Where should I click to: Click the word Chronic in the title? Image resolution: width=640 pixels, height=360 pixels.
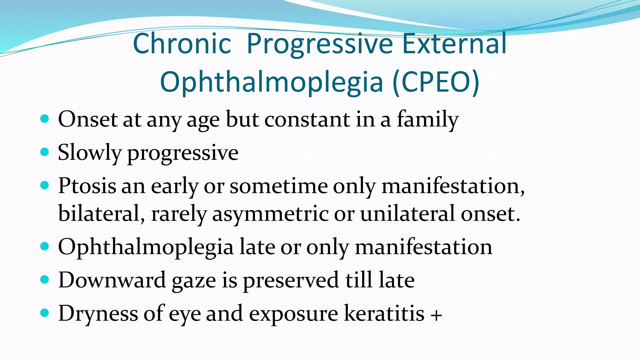click(x=182, y=44)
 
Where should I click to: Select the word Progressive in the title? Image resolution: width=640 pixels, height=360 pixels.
click(x=320, y=44)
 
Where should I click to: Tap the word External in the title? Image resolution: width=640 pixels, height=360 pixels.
click(x=454, y=44)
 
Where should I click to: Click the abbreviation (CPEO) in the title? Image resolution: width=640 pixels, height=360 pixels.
click(x=436, y=82)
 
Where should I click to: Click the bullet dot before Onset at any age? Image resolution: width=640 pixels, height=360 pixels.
click(x=45, y=119)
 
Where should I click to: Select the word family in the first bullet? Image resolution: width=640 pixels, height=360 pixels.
click(x=427, y=120)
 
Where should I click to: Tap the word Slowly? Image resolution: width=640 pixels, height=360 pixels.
click(x=89, y=153)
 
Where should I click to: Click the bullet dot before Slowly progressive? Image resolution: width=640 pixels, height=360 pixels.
click(x=45, y=152)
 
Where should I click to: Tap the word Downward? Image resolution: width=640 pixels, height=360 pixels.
click(x=112, y=280)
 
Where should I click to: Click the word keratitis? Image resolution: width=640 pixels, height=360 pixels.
click(x=384, y=313)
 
